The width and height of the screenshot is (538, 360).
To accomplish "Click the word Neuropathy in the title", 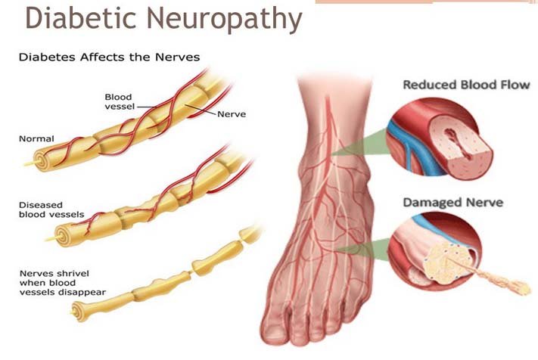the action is pos(225,19).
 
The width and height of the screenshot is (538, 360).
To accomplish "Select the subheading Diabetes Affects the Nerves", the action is pos(109,57).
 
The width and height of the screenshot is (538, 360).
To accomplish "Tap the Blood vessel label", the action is pos(120,102).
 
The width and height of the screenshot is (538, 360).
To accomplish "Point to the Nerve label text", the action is pos(232,114).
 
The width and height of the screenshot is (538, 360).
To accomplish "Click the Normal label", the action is pos(36,139).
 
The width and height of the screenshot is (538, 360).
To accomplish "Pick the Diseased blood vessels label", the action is pos(51,209).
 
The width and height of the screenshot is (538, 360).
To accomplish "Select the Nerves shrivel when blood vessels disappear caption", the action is pos(63,283).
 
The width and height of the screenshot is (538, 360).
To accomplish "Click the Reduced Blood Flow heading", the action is pos(466,85).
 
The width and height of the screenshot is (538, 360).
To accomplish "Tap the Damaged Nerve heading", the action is pos(453,202).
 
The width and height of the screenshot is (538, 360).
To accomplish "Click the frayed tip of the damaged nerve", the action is pos(520,287).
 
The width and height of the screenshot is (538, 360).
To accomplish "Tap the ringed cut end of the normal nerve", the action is pos(41,161).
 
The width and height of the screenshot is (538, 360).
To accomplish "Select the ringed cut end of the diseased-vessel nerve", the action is pos(62,235).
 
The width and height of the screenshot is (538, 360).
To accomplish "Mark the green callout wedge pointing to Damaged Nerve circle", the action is pos(364,250).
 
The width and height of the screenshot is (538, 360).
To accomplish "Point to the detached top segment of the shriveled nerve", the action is pos(249,234).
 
